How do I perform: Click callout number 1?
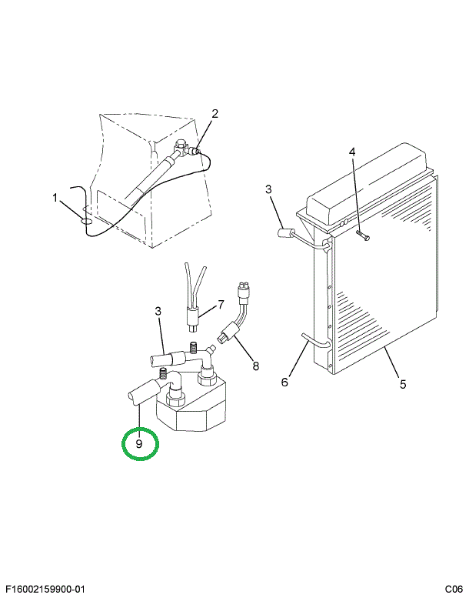coord(55,198)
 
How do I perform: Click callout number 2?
coord(215,114)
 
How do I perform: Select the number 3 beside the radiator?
coord(268,189)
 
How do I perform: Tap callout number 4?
coord(352,152)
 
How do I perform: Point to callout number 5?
coord(403,384)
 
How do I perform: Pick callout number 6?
coord(284,382)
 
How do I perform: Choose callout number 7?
coord(221,305)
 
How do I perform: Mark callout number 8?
coord(256,366)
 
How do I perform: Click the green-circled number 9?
coord(138,444)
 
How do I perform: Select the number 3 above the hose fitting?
coord(158,312)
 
